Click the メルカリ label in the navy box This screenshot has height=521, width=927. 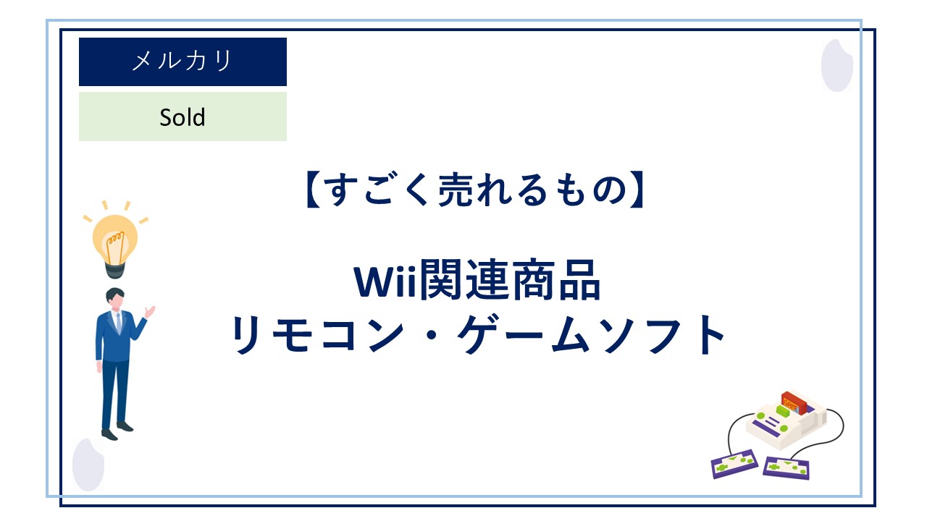(x=182, y=61)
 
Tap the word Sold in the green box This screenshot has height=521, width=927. (x=183, y=117)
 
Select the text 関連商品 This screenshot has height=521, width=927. (x=510, y=280)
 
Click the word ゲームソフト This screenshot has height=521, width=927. (x=591, y=334)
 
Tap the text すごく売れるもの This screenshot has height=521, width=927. (x=475, y=190)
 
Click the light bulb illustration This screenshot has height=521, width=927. (x=115, y=240)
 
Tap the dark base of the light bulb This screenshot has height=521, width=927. (x=115, y=270)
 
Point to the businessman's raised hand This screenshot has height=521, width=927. (x=149, y=311)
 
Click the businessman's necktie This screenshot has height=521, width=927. (x=119, y=323)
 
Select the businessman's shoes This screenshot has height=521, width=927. (x=117, y=431)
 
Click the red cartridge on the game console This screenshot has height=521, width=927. (x=794, y=402)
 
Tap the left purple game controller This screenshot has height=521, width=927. (x=734, y=464)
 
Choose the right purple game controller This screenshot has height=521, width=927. (x=786, y=468)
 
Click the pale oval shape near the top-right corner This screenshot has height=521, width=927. (x=836, y=65)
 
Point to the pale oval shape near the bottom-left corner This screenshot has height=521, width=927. (x=88, y=465)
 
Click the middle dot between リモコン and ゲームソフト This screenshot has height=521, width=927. (x=431, y=335)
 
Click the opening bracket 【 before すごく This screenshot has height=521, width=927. (x=314, y=190)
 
